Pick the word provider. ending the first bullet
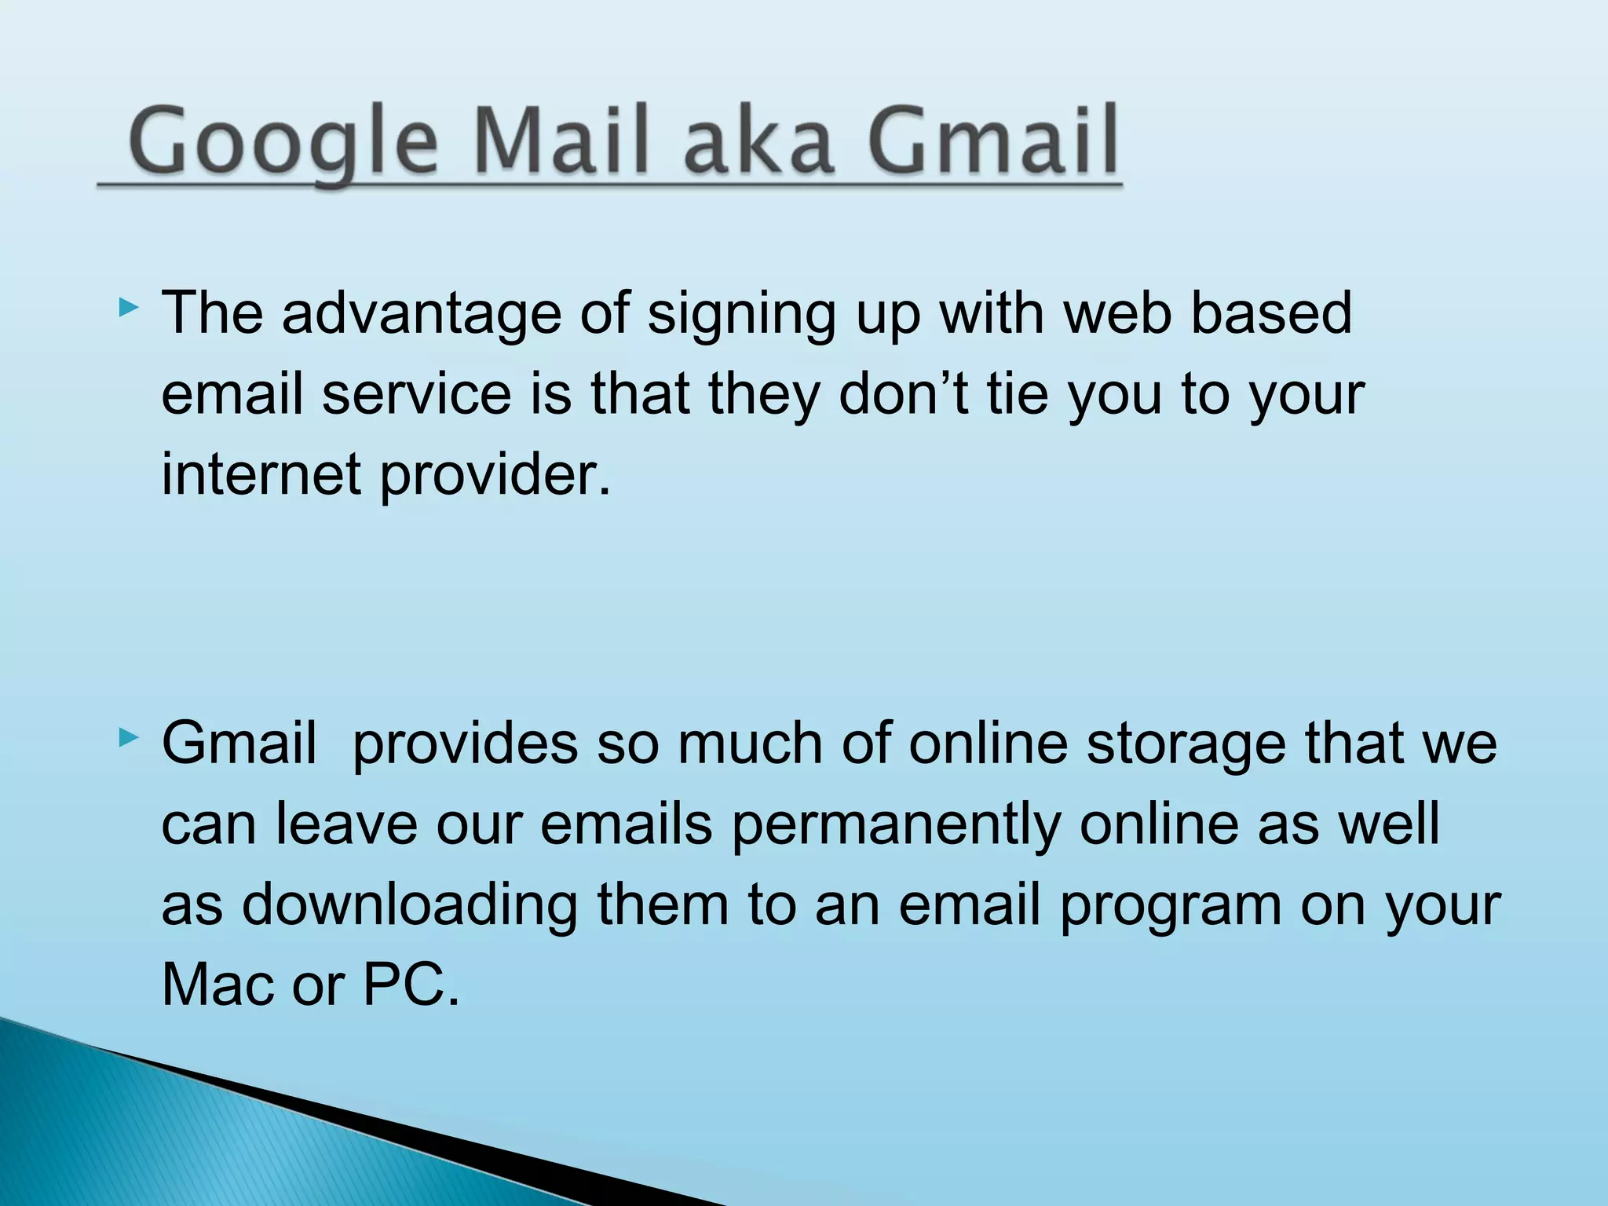point(495,477)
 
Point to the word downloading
point(409,906)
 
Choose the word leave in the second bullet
point(346,824)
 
